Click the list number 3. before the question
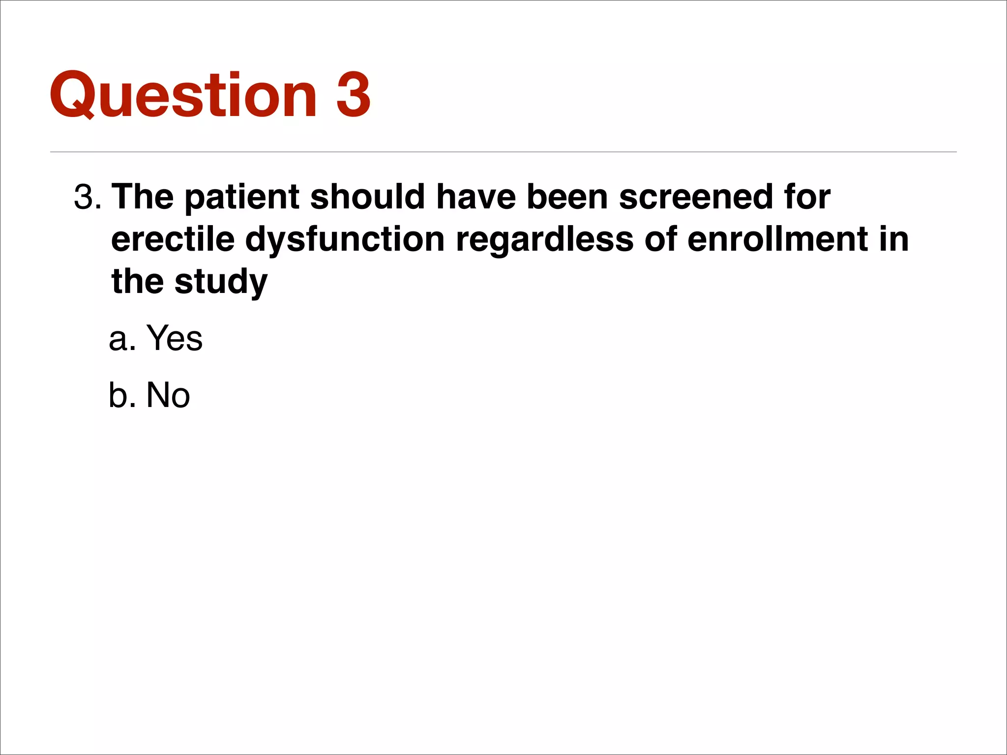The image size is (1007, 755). (x=88, y=198)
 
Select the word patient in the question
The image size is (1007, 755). (x=242, y=198)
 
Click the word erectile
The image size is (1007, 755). (x=173, y=240)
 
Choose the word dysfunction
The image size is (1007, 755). (x=345, y=240)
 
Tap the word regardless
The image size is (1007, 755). (x=544, y=240)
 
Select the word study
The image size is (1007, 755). (x=221, y=282)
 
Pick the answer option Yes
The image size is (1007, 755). (x=175, y=338)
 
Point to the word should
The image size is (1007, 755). (x=367, y=198)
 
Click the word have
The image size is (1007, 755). (x=476, y=198)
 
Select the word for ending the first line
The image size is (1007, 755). (x=807, y=198)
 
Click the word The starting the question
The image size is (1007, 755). (x=143, y=198)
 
